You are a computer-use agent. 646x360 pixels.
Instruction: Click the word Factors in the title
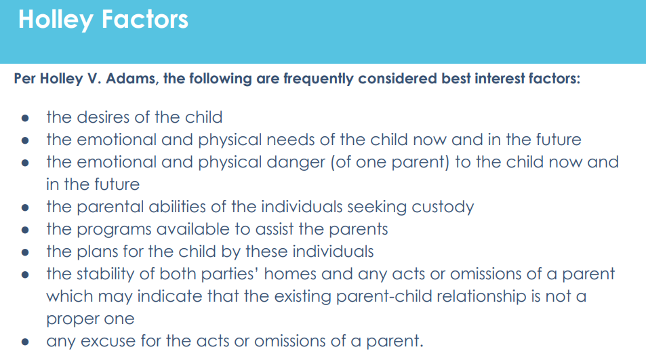click(145, 20)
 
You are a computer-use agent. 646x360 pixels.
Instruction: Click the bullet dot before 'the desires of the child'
click(25, 118)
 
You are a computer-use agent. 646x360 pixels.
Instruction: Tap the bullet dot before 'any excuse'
click(25, 342)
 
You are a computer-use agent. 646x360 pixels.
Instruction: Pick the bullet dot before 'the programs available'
click(25, 229)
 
